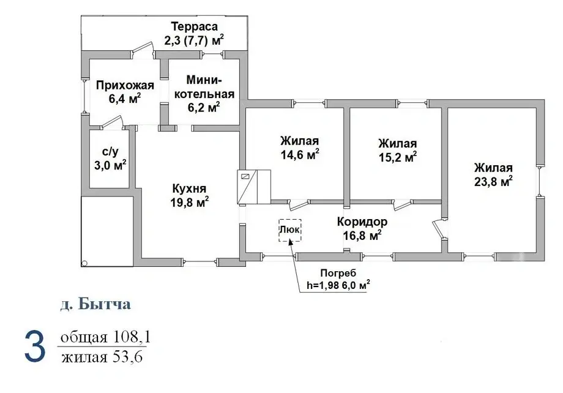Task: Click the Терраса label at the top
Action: point(194,26)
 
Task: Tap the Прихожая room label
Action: point(124,86)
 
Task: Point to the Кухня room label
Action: point(188,189)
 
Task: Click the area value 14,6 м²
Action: point(300,155)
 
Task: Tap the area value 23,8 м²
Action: point(493,182)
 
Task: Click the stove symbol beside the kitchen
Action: point(253,186)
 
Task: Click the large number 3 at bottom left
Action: point(34,346)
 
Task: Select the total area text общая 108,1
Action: point(105,337)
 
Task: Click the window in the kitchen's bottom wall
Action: point(200,262)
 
